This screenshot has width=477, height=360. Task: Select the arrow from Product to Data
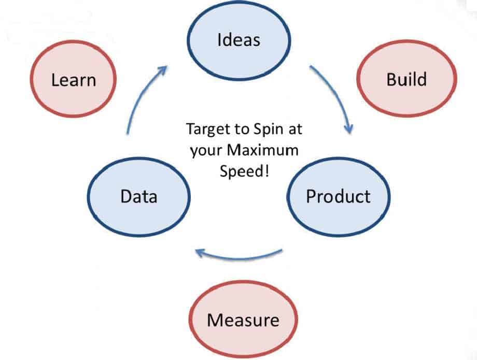click(238, 255)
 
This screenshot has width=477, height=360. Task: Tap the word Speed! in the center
click(244, 171)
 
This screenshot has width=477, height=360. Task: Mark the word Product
click(338, 197)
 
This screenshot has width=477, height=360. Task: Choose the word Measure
click(243, 320)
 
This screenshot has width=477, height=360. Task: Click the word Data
click(138, 197)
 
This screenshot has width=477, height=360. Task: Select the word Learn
click(73, 80)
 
